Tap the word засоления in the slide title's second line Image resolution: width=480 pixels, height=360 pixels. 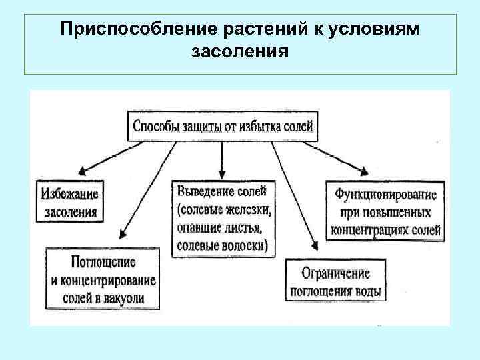click(x=240, y=51)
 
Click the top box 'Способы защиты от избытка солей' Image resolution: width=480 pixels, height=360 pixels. click(x=224, y=126)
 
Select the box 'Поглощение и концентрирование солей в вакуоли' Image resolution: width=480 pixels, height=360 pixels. click(x=103, y=279)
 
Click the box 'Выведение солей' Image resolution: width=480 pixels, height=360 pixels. click(x=223, y=218)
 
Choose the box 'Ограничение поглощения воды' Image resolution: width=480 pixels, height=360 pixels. click(x=335, y=282)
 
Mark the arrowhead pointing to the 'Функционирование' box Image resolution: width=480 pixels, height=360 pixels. click(x=365, y=172)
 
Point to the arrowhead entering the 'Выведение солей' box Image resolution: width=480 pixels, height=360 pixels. click(x=222, y=174)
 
